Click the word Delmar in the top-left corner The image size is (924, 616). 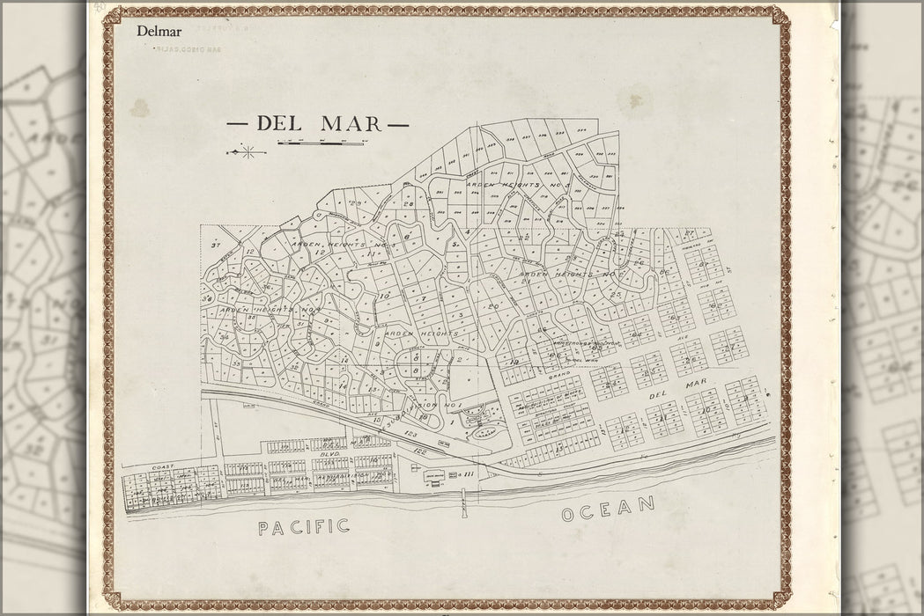(x=157, y=32)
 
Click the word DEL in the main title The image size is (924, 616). (x=278, y=124)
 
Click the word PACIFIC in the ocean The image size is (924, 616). (x=304, y=526)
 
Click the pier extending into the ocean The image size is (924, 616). (x=462, y=511)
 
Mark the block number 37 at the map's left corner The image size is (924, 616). (x=215, y=246)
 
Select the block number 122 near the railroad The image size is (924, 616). (x=429, y=448)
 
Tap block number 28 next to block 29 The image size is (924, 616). (x=408, y=204)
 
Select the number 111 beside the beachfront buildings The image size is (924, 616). (x=469, y=475)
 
